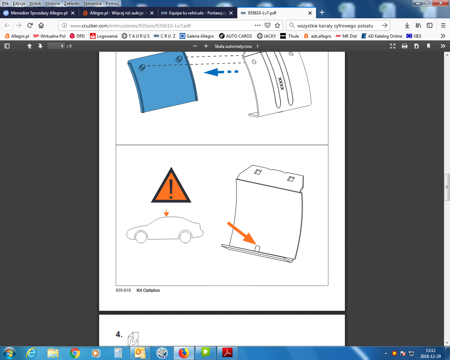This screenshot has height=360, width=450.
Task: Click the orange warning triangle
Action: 171,186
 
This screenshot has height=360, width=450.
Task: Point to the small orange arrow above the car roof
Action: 166,213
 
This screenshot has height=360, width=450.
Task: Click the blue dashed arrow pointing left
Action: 221,72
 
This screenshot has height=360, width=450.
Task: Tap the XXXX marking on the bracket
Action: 281,84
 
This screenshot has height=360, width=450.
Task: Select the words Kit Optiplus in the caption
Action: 148,290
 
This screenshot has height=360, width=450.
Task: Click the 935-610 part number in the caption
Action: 123,290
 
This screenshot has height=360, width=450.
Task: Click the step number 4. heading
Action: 119,334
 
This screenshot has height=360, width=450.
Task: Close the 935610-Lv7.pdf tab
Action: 310,13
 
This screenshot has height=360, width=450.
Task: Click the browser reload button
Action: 30,26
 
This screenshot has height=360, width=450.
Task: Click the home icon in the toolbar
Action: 41,26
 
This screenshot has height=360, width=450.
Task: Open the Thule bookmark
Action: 290,36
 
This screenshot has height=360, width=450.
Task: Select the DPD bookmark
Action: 77,36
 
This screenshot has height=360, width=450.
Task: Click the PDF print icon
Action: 404,46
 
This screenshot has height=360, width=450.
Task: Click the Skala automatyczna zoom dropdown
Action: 237,46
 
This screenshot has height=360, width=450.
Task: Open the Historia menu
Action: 52,4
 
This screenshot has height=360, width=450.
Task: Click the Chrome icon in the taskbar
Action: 75,353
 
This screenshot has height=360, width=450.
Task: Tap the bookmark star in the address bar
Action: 277,26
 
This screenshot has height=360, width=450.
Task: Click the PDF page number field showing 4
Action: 56,46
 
